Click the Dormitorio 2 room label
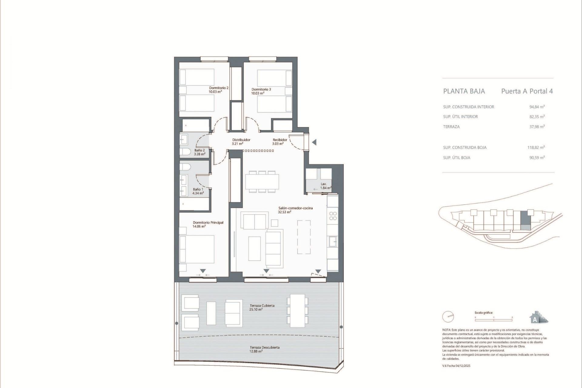point(219,88)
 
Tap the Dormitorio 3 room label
point(261,89)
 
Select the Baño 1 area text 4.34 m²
point(198,193)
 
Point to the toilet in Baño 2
point(185,152)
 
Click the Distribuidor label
point(241,140)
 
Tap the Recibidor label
point(279,140)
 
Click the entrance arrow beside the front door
point(314,142)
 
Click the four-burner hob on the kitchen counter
point(333,216)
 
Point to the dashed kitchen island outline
point(304,237)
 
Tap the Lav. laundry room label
point(323,184)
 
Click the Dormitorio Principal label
point(208,222)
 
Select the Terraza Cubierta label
point(262,306)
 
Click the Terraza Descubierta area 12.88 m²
point(256,351)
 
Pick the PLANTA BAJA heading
point(464,91)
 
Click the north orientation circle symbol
point(448,317)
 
